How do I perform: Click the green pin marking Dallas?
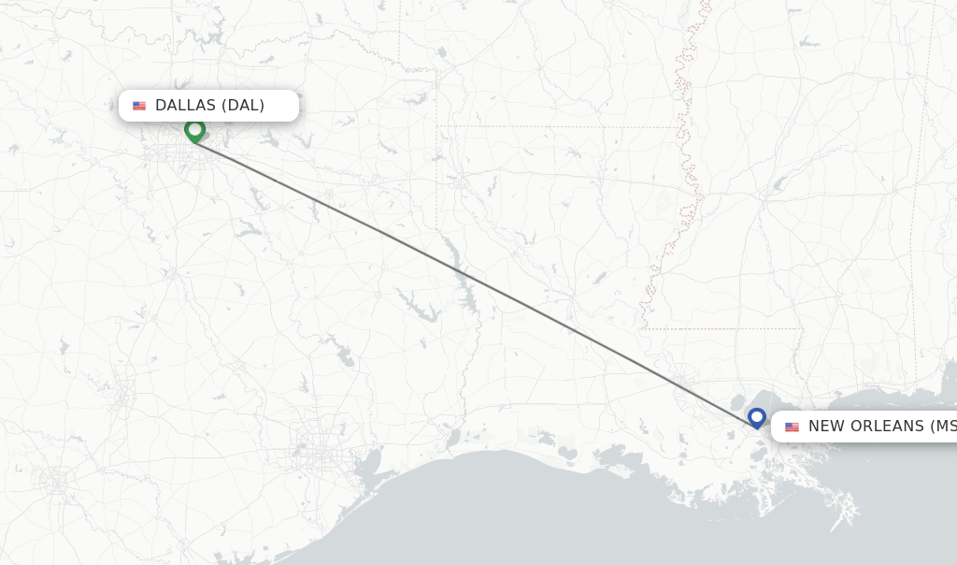point(194,129)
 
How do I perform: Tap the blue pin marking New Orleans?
point(757,416)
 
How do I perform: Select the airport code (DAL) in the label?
point(244,106)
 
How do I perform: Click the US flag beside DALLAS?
point(139,106)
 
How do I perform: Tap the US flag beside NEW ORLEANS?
point(792,427)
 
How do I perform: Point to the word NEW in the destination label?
point(826,427)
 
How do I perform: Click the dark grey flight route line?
point(467,276)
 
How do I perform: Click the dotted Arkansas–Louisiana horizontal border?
point(561,126)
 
